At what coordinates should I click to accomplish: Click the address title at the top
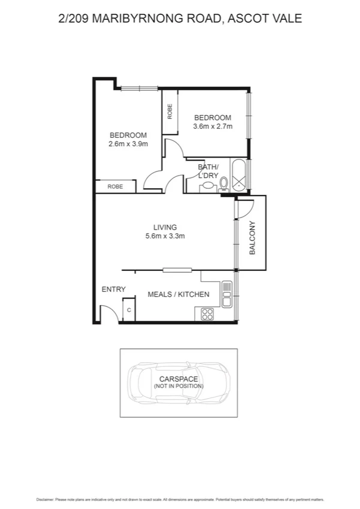180,19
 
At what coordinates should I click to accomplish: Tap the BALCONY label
252,238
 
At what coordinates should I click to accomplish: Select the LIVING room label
165,227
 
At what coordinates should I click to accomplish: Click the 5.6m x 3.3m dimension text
165,236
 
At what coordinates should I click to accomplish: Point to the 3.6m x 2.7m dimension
212,127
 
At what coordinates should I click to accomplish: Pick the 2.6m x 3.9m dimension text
128,144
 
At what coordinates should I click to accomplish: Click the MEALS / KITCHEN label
179,294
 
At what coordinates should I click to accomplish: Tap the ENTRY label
113,290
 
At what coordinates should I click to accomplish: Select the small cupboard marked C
128,311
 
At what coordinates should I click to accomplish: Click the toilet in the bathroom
223,183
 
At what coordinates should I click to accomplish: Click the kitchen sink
226,294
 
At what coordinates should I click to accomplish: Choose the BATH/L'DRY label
209,171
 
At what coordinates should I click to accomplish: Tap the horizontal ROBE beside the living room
115,187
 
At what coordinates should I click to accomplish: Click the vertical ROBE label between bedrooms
170,111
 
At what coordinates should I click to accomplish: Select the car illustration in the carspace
179,383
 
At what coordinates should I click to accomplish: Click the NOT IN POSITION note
179,387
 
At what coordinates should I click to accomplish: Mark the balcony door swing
246,207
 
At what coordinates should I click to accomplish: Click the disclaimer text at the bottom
180,499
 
